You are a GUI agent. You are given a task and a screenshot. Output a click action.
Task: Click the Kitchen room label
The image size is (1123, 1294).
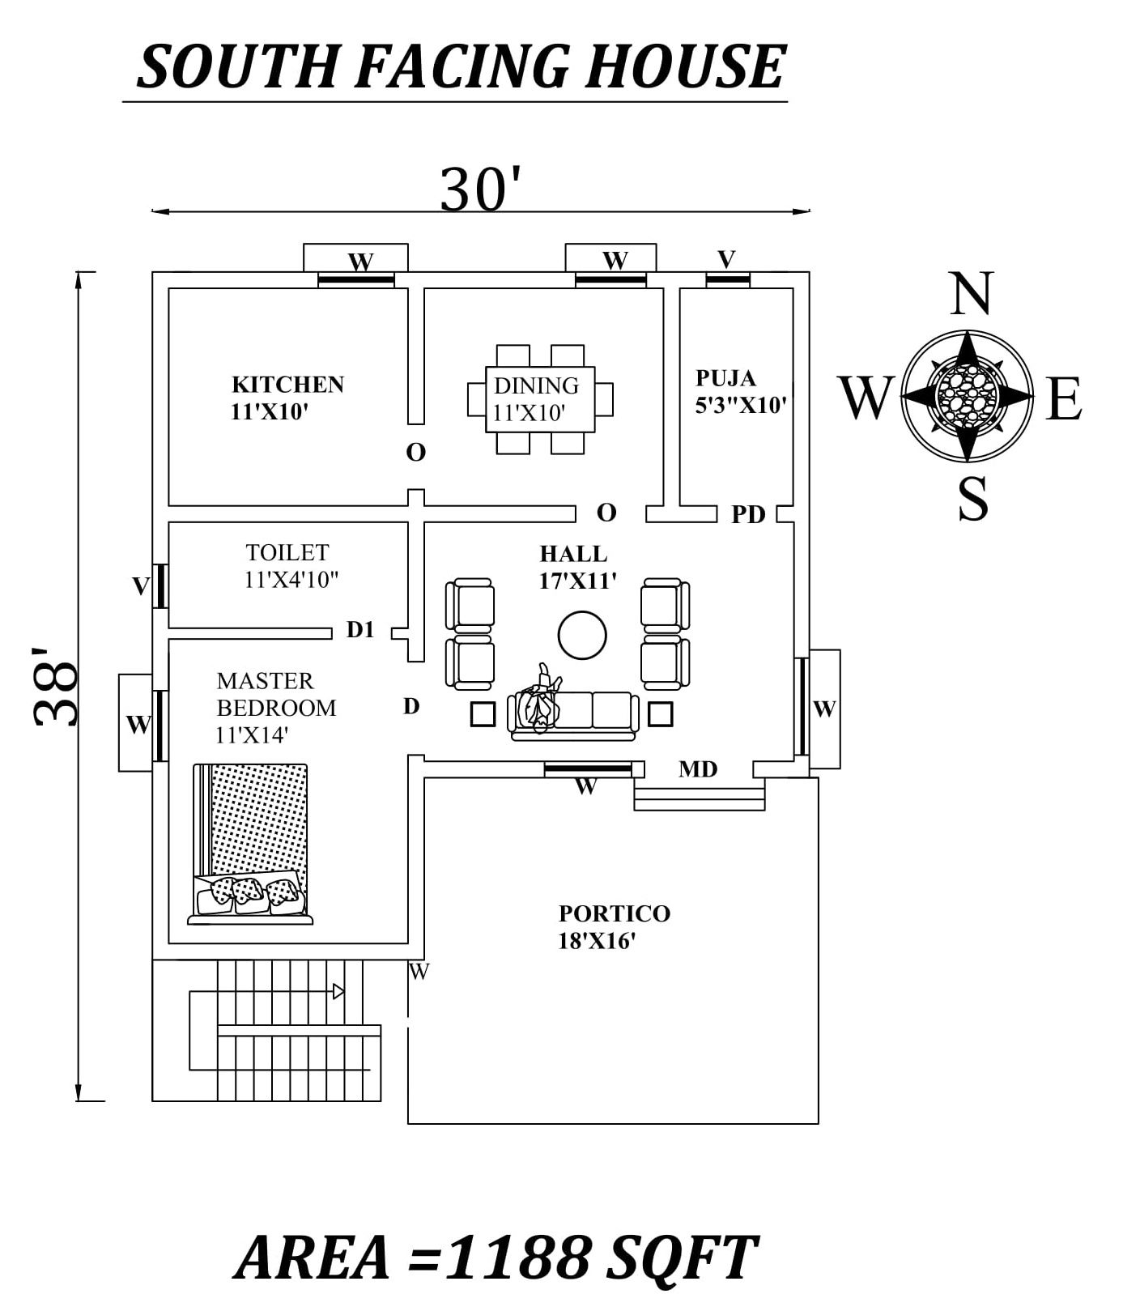point(287,398)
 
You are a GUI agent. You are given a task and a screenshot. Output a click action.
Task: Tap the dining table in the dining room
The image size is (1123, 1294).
point(540,399)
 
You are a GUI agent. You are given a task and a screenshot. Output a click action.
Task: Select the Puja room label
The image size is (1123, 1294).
point(741,391)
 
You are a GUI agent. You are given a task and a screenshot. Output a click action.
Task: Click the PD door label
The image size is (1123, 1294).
point(748,514)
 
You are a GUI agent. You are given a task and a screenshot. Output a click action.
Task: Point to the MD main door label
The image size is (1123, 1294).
point(698,769)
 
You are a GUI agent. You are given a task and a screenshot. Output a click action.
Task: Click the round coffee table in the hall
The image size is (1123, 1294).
point(582,636)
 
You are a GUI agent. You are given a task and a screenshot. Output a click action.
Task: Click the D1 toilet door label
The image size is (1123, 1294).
point(360,630)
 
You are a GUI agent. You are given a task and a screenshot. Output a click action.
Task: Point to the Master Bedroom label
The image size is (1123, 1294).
point(275,708)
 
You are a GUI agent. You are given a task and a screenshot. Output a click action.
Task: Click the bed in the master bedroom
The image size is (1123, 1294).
point(250,843)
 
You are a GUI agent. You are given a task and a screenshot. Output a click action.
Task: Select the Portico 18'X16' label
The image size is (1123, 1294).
point(615,927)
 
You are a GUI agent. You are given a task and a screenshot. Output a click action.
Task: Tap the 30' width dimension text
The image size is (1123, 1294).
point(479,189)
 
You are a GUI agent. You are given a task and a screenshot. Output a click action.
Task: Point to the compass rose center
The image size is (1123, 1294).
point(968,395)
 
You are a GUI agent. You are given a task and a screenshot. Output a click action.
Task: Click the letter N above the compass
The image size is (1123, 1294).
point(971,295)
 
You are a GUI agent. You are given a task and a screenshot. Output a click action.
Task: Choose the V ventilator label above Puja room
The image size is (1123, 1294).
point(726,259)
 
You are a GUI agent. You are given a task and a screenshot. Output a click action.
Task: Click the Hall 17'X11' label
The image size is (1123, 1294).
point(578,567)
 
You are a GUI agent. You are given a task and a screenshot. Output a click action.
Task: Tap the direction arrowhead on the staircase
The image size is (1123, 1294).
point(338,991)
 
